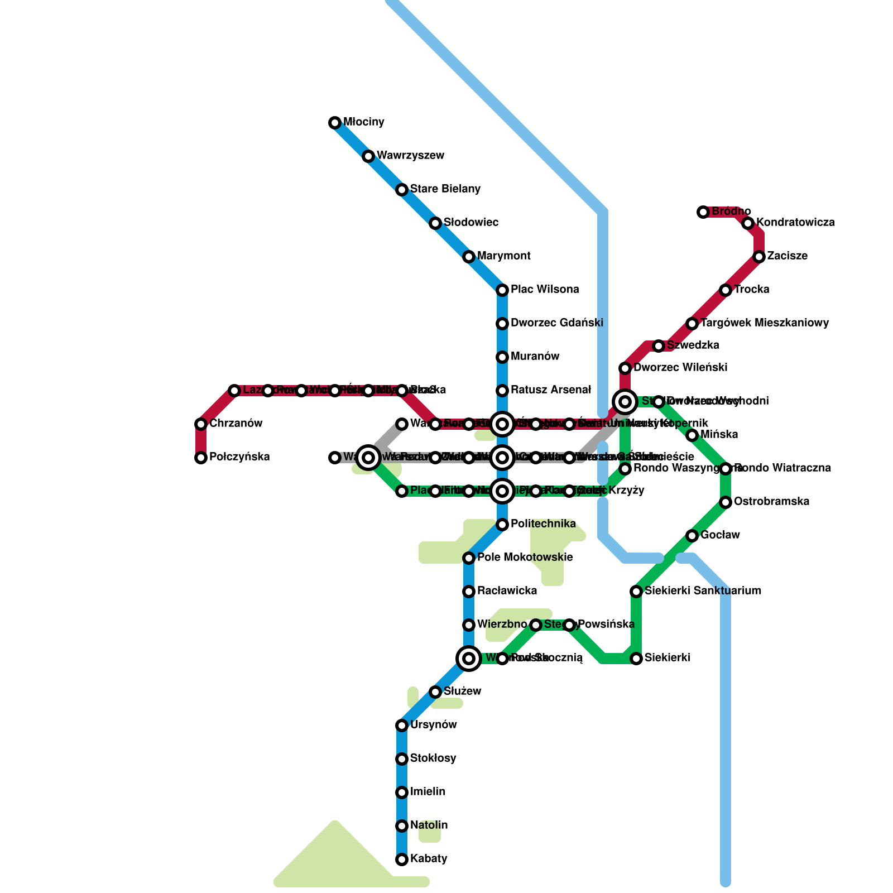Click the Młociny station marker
pos(335,123)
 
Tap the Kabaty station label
pos(428,859)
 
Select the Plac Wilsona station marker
pos(502,290)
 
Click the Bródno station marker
pos(703,212)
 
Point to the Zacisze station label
pos(787,256)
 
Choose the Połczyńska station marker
pos(201,458)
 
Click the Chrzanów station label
pos(236,424)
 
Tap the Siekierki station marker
pos(636,659)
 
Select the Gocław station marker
pos(692,536)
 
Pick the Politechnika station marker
pos(502,525)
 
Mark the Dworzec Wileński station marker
pos(625,368)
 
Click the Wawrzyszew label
pos(410,156)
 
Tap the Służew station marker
pos(435,692)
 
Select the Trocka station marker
pos(726,290)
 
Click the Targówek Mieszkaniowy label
pos(764,323)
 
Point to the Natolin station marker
pos(402,826)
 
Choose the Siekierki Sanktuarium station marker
pos(636,592)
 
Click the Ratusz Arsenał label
pos(550,390)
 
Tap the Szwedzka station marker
pos(659,346)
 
